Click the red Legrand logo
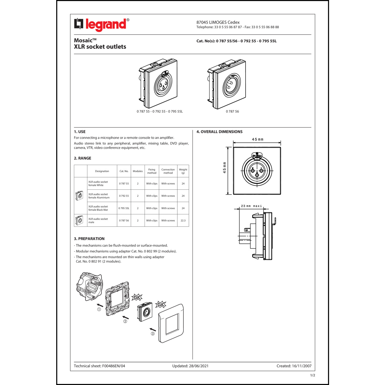click(x=102, y=25)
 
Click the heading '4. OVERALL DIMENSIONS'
click(x=219, y=132)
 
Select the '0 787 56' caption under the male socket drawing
click(x=232, y=111)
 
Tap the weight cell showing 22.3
click(x=183, y=220)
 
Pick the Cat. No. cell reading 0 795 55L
click(x=124, y=208)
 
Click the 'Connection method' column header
click(x=168, y=171)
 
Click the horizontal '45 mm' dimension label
click(x=258, y=139)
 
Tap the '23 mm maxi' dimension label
click(x=252, y=206)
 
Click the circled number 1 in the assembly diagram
click(x=99, y=309)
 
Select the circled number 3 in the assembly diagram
click(x=153, y=334)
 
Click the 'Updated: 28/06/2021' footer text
click(x=190, y=366)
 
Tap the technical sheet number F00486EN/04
click(x=114, y=366)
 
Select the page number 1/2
click(x=313, y=375)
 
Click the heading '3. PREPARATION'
click(x=89, y=239)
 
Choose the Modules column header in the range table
click(x=138, y=171)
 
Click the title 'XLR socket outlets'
click(x=100, y=47)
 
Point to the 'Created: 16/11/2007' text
click(x=294, y=366)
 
